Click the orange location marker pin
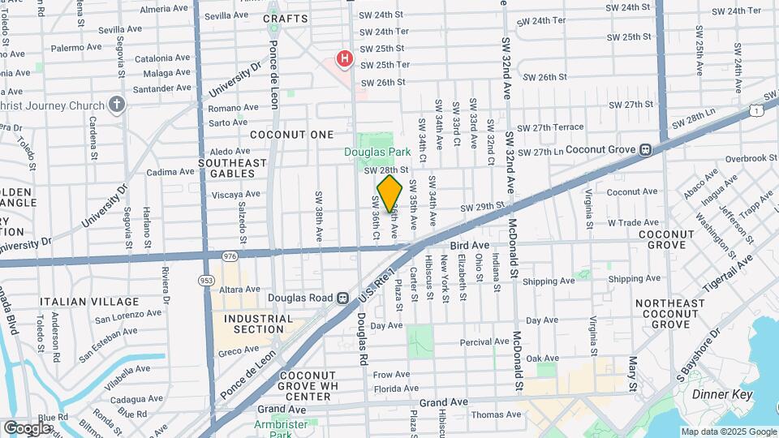pos(390,193)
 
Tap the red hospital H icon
pos(345,58)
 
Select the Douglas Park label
pos(377,151)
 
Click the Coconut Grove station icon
pos(646,149)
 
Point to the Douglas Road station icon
pos(343,298)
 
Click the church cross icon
pos(118,105)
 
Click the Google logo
pos(27,427)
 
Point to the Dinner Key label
pos(722,395)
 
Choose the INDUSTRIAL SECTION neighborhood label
pos(258,324)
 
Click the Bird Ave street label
pos(470,244)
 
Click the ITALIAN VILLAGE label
pos(90,301)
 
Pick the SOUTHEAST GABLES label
pos(233,168)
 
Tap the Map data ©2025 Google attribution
pos(728,432)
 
